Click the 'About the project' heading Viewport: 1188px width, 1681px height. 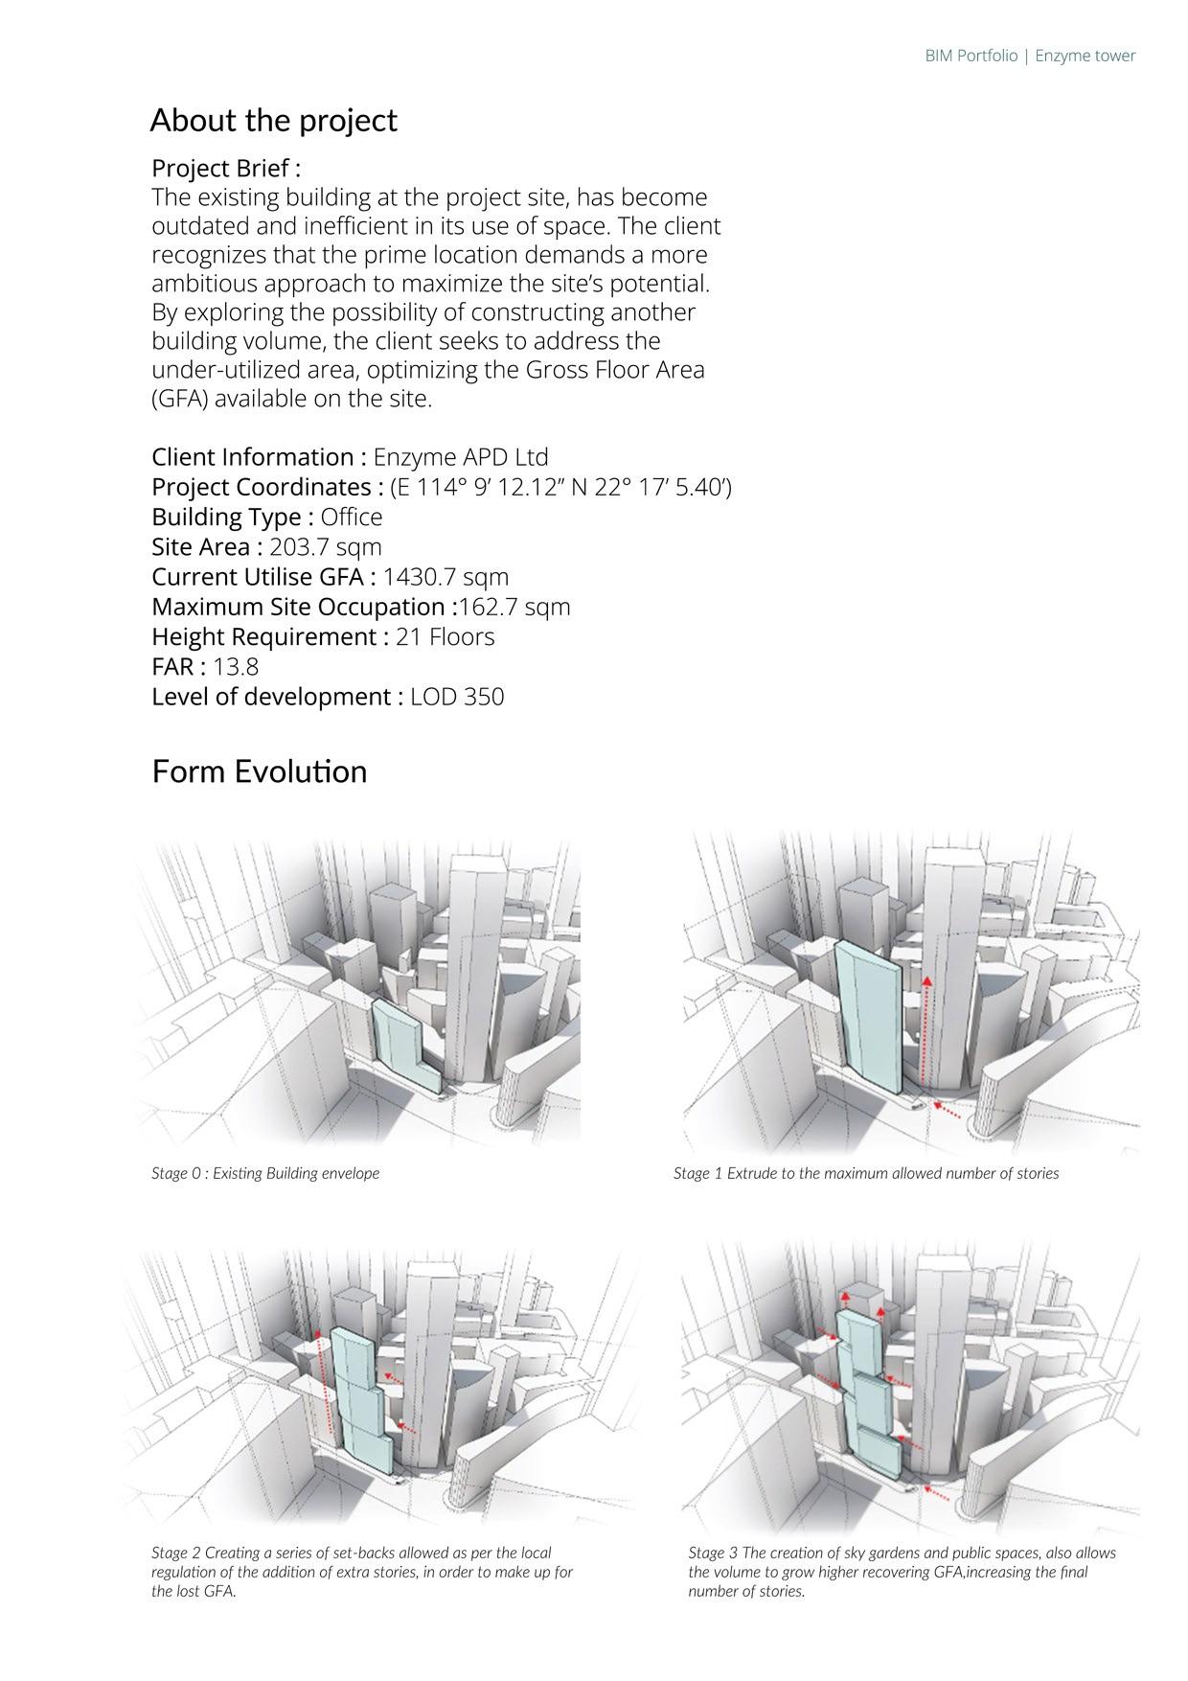point(273,121)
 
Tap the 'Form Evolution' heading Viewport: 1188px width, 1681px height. point(259,771)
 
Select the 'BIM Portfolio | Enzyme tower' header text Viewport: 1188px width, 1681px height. point(1030,56)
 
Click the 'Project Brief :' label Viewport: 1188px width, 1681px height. point(226,169)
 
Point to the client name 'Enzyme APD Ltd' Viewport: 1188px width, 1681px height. point(461,457)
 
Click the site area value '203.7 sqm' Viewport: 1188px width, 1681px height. point(326,547)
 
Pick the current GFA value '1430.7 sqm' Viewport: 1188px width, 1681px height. point(445,577)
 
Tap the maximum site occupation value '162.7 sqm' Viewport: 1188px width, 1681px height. point(515,607)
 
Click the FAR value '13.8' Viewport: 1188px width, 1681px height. point(236,667)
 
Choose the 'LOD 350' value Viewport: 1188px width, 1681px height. point(457,697)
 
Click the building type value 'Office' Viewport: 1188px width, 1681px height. point(352,518)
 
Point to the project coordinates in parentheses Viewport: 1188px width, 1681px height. point(560,488)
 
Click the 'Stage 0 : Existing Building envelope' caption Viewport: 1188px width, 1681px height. point(265,1173)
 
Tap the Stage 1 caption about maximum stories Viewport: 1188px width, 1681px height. point(866,1173)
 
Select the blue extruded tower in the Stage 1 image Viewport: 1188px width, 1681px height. point(868,1016)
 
